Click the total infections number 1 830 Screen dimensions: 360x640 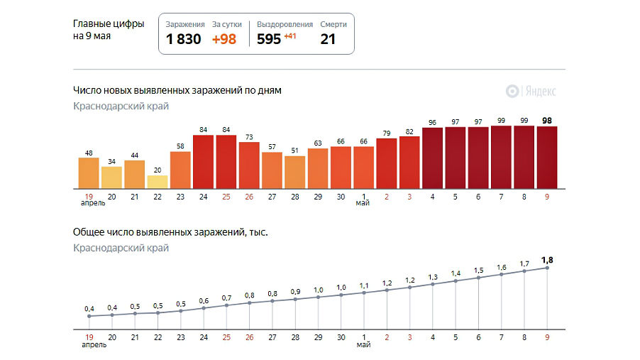tap(184, 40)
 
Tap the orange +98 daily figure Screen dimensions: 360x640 tap(225, 40)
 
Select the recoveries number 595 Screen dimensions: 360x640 tap(269, 40)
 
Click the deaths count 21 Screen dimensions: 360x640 tap(328, 40)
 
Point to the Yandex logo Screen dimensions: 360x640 tap(531, 91)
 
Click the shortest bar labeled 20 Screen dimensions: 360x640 tap(158, 182)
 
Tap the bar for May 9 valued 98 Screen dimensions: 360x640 tap(547, 157)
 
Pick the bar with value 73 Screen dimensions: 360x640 tap(249, 165)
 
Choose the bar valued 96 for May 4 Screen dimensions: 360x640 tap(432, 158)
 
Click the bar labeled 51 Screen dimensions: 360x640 tap(294, 172)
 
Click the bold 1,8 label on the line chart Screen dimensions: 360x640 tap(547, 259)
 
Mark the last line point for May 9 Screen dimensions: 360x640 tap(547, 268)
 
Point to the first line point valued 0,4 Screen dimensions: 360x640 tap(89, 316)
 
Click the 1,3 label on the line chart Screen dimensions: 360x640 tap(432, 277)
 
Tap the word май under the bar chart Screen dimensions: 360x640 tap(363, 203)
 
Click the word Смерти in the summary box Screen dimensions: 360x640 tap(333, 24)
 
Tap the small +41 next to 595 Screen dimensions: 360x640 tap(290, 36)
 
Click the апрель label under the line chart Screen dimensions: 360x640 tap(93, 345)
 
